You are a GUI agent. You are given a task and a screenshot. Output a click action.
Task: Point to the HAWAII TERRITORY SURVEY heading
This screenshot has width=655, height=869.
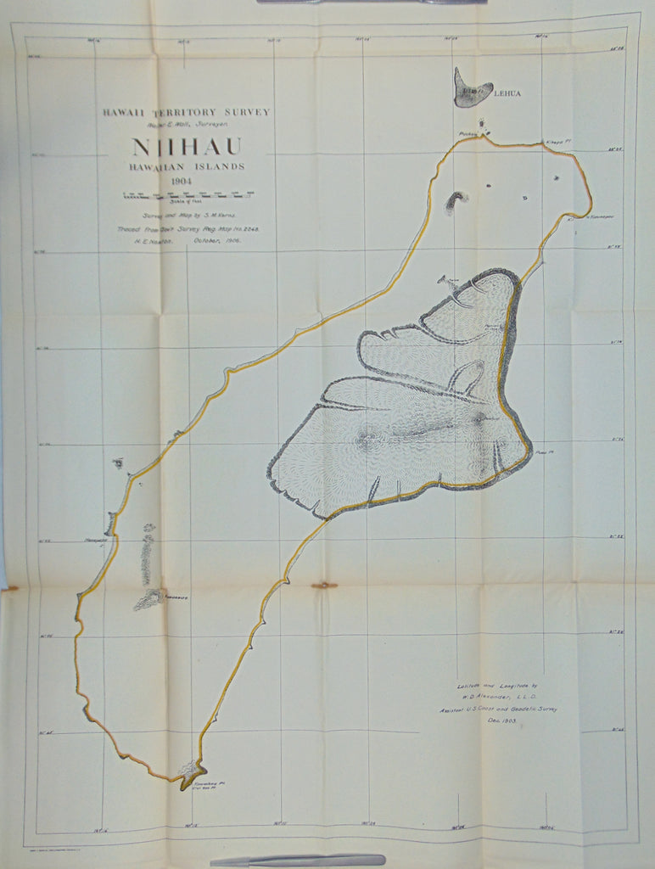[186, 112]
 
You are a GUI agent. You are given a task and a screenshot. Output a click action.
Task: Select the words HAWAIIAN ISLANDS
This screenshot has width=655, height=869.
[187, 166]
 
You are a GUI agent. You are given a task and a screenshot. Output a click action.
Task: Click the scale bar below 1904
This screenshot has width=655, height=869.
[188, 195]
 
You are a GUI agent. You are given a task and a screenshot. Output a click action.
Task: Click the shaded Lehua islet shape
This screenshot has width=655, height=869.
[471, 88]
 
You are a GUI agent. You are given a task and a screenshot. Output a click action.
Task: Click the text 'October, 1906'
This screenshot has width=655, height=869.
[218, 241]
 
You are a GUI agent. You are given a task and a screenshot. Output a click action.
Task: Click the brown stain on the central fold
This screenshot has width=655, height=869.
[323, 585]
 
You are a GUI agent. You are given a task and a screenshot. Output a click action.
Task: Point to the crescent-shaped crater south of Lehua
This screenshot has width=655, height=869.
[456, 201]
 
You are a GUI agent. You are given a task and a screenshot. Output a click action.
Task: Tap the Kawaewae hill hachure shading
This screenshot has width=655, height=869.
[149, 598]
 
